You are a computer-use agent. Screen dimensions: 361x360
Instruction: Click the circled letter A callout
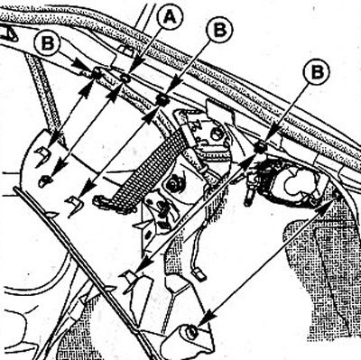(x=171, y=17)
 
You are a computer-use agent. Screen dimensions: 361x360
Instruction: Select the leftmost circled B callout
(x=47, y=43)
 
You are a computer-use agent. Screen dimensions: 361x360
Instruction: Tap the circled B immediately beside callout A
(x=219, y=30)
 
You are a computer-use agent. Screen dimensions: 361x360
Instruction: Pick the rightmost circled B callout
(x=317, y=71)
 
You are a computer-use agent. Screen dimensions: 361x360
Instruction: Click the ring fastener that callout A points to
(x=125, y=78)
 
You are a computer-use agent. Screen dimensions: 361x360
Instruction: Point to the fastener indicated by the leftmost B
(x=97, y=72)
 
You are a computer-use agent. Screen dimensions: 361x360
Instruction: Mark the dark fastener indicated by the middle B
(x=162, y=99)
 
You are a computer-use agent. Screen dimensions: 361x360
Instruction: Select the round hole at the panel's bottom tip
(x=190, y=331)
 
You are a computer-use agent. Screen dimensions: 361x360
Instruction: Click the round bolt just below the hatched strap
(x=172, y=184)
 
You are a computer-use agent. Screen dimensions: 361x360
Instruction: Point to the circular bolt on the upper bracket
(x=216, y=134)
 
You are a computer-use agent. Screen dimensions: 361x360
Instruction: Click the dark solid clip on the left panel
(x=45, y=180)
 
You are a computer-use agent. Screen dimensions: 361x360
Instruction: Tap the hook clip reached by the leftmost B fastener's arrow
(x=42, y=156)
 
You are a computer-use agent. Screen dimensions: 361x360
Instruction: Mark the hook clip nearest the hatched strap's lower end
(x=75, y=204)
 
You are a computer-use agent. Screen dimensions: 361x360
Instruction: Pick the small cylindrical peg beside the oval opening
(x=248, y=196)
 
